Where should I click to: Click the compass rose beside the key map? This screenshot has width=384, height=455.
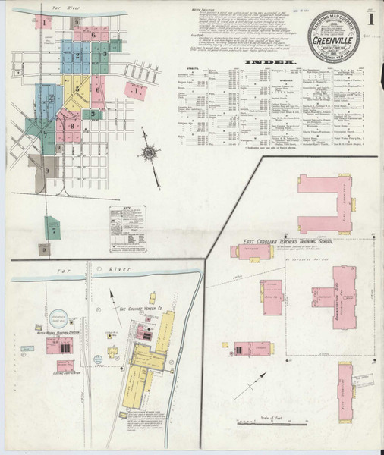(x=150, y=154)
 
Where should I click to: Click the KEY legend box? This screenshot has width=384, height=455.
(x=128, y=227)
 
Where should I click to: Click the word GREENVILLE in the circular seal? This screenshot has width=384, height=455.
(x=336, y=33)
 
